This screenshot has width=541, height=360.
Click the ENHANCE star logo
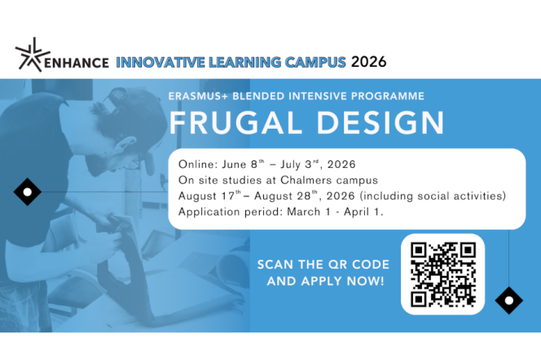point(32,54)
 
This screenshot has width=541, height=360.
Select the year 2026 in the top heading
point(368,61)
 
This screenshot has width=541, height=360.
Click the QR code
point(442,274)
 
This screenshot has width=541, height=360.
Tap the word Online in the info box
point(196,164)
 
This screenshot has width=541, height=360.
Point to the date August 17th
point(207,196)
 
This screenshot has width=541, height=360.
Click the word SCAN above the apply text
point(276,265)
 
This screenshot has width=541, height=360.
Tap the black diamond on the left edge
point(28,191)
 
